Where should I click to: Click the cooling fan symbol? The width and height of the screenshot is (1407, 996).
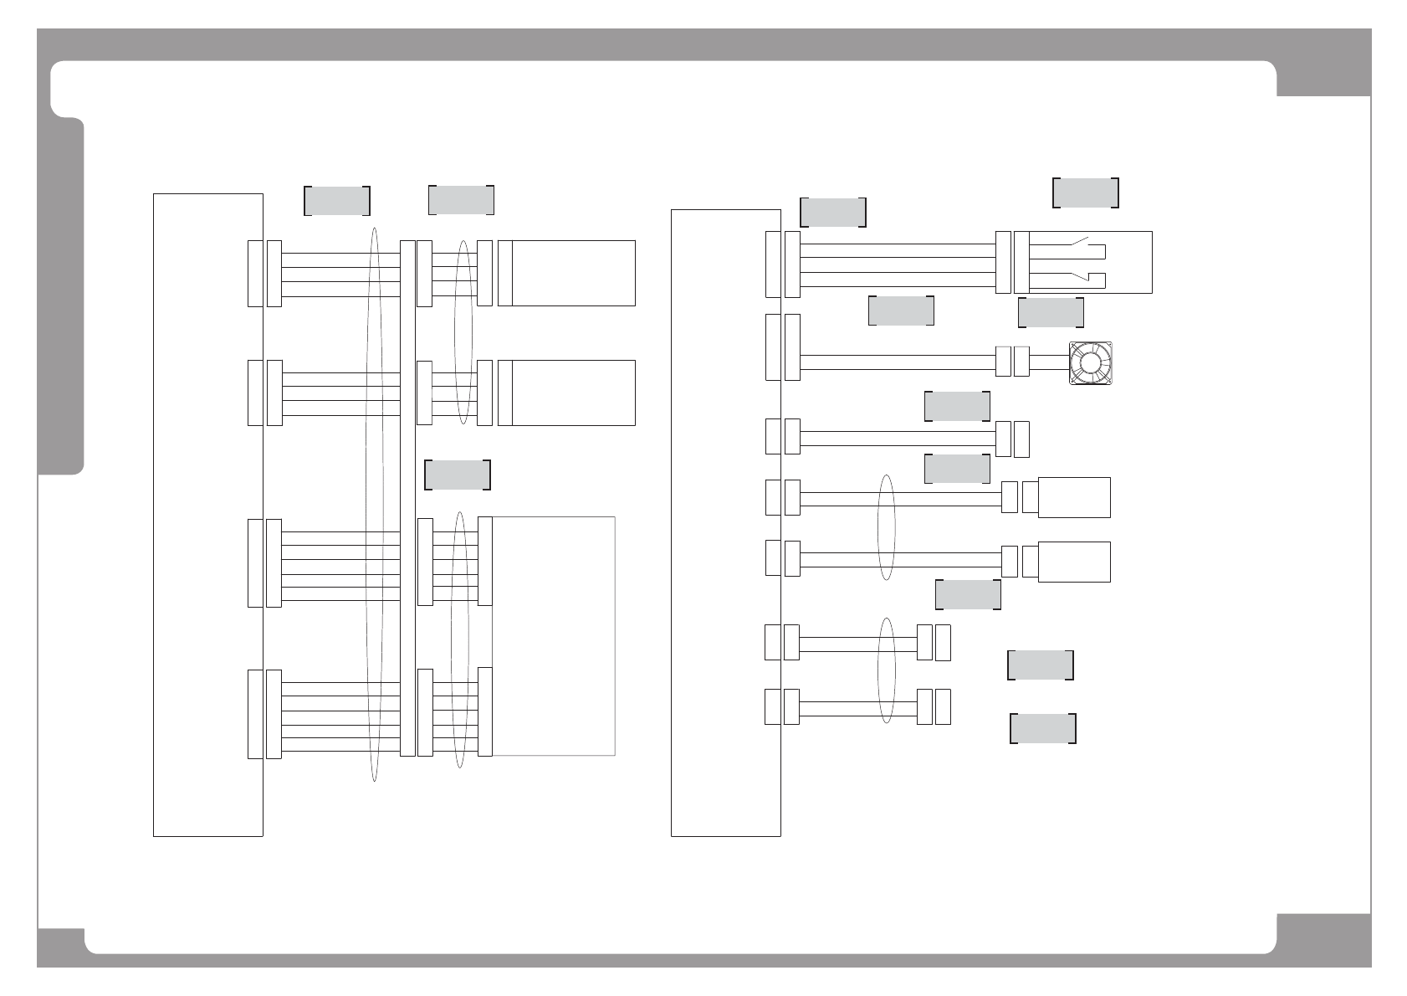click(x=1092, y=363)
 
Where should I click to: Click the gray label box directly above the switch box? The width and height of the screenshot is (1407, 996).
click(x=1085, y=193)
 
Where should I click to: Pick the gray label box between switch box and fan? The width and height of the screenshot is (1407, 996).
click(x=1051, y=312)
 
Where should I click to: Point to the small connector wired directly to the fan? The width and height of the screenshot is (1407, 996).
click(x=1021, y=362)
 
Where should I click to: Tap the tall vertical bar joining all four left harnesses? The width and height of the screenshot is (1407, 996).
click(x=407, y=498)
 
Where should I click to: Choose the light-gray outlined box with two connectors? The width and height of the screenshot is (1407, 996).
click(x=554, y=636)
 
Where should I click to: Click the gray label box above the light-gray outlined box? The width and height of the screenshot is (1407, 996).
click(x=458, y=475)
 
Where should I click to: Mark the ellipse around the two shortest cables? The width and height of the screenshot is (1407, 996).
click(x=887, y=670)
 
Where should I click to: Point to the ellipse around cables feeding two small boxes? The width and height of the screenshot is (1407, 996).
click(x=887, y=528)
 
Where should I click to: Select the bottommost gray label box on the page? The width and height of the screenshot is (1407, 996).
click(x=1042, y=728)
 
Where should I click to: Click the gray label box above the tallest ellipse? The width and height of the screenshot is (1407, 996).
click(x=336, y=201)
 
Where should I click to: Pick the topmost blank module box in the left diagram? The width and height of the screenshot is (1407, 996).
click(x=573, y=273)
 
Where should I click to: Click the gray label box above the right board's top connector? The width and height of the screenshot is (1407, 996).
click(x=833, y=212)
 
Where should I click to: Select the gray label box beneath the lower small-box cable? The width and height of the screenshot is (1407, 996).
click(x=968, y=594)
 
